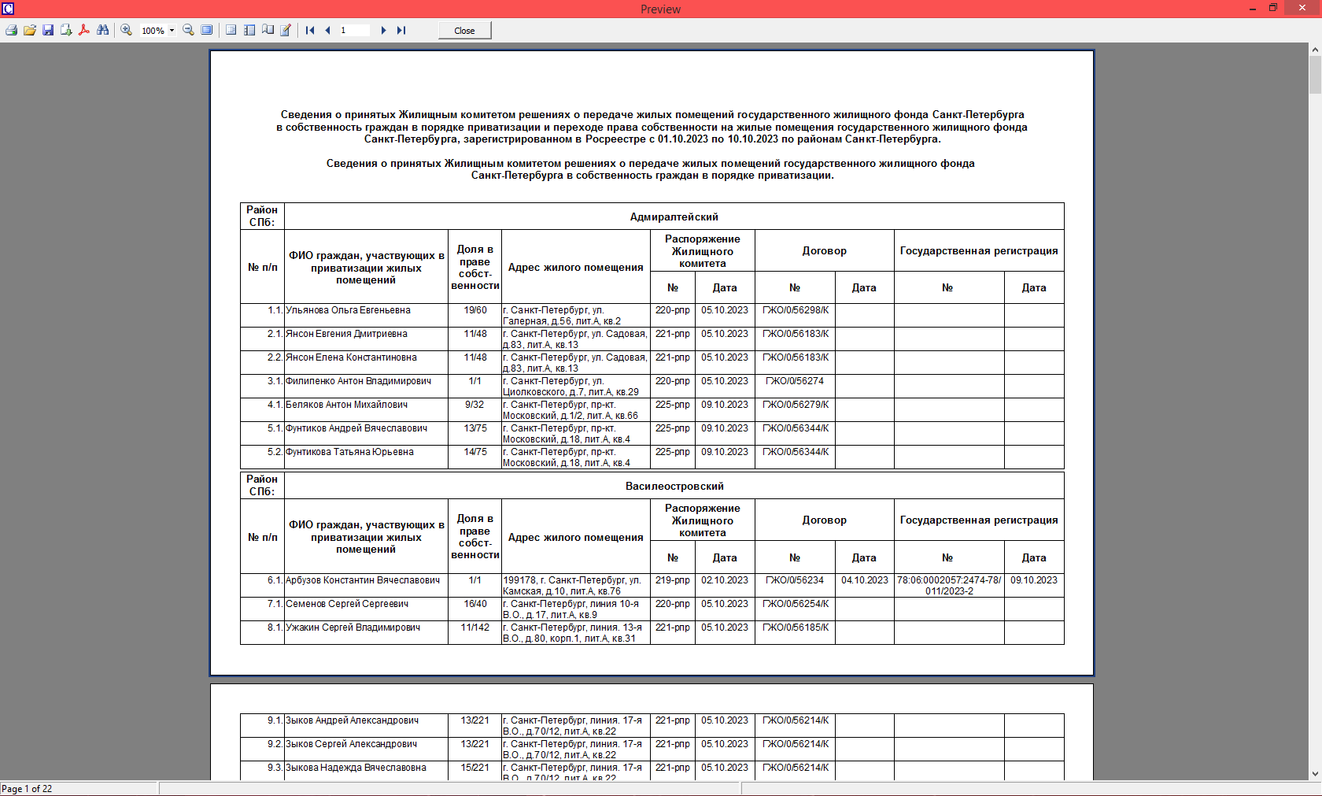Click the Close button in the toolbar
click(464, 31)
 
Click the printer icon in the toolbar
click(11, 31)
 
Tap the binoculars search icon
click(103, 31)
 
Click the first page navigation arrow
click(310, 31)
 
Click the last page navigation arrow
click(401, 31)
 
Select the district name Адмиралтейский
click(674, 217)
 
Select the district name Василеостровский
click(674, 486)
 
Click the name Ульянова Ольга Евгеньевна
click(348, 310)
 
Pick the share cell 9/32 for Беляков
click(475, 405)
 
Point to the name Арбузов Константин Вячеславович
click(363, 580)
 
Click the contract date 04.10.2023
click(864, 580)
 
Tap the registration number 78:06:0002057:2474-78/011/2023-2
click(949, 585)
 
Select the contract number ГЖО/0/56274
click(795, 381)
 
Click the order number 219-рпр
click(673, 580)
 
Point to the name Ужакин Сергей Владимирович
click(353, 628)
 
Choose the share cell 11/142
click(475, 628)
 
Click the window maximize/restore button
click(1272, 8)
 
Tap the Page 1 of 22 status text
click(27, 789)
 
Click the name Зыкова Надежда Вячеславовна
click(356, 768)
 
